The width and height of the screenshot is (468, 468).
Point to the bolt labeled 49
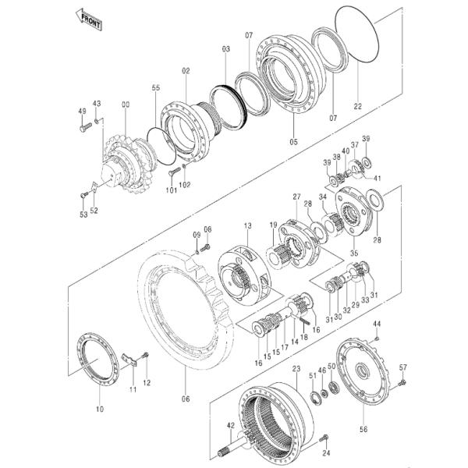coord(86,129)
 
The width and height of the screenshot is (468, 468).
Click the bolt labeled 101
coord(175,172)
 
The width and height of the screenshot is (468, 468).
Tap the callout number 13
coord(246,225)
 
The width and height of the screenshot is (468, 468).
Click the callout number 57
coord(403,367)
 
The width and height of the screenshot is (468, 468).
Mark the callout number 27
coord(296,197)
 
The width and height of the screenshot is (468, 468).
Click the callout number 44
coord(377,324)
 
